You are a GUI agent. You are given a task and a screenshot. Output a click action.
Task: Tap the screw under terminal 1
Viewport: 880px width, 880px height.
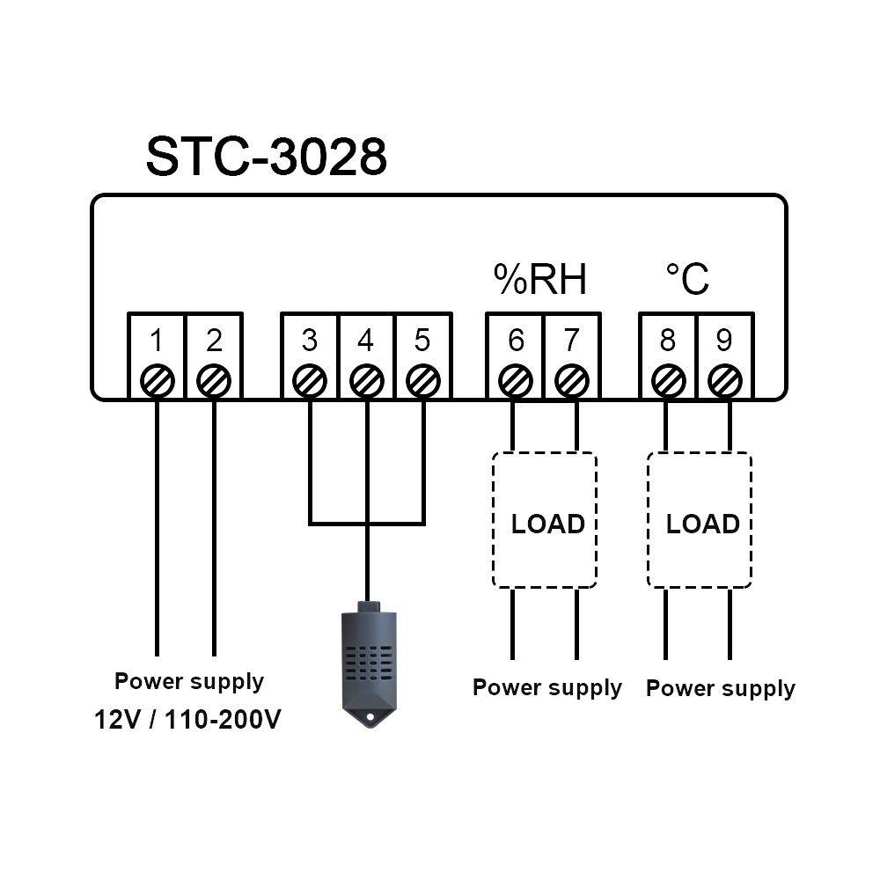pyautogui.click(x=158, y=382)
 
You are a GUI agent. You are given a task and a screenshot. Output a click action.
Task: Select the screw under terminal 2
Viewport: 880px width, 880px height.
pyautogui.click(x=214, y=382)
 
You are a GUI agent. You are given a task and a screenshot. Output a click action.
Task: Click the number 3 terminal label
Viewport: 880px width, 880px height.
pyautogui.click(x=309, y=340)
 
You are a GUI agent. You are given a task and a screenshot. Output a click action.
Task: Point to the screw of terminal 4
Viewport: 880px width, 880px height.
pyautogui.click(x=366, y=382)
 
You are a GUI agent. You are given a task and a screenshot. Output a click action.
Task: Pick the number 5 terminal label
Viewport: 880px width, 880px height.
pyautogui.click(x=422, y=340)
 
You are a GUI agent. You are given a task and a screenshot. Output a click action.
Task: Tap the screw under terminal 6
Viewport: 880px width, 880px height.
pyautogui.click(x=516, y=382)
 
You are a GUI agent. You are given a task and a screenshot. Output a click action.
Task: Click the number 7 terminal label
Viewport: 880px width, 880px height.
pyautogui.click(x=572, y=340)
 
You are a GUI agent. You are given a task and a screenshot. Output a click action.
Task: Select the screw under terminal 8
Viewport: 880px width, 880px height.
pyautogui.click(x=668, y=382)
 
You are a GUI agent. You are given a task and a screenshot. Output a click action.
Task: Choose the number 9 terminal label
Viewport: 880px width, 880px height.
pyautogui.click(x=724, y=340)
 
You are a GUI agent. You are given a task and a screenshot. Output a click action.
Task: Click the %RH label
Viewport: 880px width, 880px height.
pyautogui.click(x=539, y=280)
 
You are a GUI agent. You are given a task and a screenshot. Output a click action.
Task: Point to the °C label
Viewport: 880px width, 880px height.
pyautogui.click(x=686, y=280)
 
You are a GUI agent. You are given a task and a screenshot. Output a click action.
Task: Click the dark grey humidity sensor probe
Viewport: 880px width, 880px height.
pyautogui.click(x=367, y=660)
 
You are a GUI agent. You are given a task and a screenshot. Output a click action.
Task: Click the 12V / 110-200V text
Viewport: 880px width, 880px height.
pyautogui.click(x=188, y=721)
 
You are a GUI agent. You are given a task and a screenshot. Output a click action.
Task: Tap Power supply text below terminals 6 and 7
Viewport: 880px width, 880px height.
pyautogui.click(x=546, y=687)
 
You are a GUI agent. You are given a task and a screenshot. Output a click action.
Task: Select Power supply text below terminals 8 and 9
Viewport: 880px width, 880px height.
pyautogui.click(x=720, y=688)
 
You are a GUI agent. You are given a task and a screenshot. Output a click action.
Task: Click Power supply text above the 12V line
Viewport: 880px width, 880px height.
pyautogui.click(x=188, y=681)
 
